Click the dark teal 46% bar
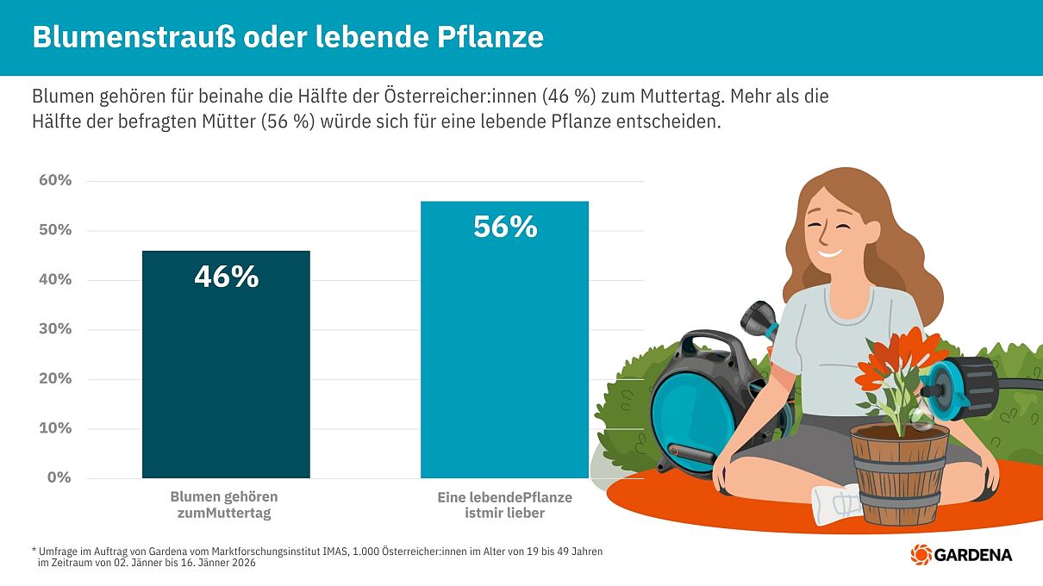[226, 379]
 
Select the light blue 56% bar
[504, 362]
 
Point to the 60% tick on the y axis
[55, 180]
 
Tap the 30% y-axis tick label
[55, 329]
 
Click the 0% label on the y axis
[59, 477]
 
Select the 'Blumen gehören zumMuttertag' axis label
[224, 505]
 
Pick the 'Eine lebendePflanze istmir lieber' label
[504, 505]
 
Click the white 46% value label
[226, 277]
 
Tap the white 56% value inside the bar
[505, 227]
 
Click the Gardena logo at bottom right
[961, 554]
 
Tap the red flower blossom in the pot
[892, 353]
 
